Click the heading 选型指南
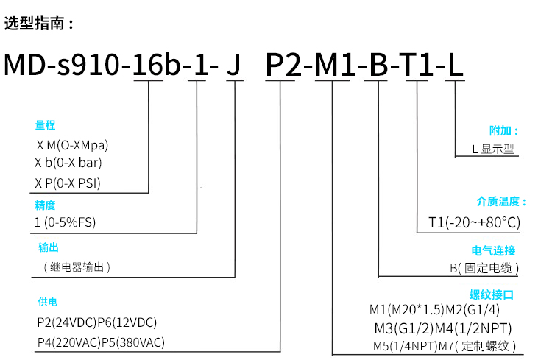pos(39,23)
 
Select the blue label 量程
pos(45,125)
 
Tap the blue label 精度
pos(45,205)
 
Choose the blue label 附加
pos(503,131)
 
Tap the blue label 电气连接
pos(493,250)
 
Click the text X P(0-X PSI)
pos(68,183)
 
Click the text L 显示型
pos(492,149)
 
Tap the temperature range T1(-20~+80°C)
pos(474,222)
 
